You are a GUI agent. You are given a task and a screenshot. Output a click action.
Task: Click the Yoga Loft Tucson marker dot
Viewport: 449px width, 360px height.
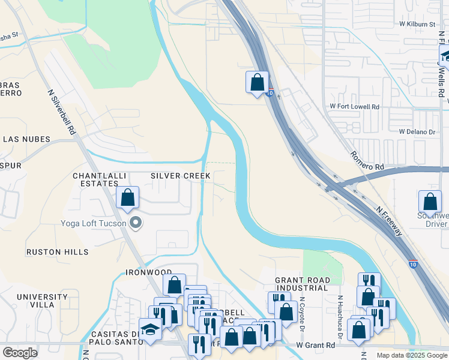pos(136,223)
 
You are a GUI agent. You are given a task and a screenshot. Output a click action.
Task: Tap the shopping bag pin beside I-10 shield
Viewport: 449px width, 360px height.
pos(258,83)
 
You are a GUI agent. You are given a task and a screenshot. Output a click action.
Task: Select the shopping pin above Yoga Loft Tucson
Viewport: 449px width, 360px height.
pos(128,198)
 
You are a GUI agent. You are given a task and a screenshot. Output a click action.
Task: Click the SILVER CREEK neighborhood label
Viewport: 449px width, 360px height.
pos(180,175)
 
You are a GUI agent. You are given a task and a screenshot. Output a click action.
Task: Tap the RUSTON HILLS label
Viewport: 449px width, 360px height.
pos(57,252)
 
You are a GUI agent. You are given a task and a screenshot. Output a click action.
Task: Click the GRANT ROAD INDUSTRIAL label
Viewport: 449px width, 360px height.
pos(302,284)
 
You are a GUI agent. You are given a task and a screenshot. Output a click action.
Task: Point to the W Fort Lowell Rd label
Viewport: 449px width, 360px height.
pos(355,106)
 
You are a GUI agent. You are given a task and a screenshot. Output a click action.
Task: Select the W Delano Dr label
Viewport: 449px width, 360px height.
pos(417,131)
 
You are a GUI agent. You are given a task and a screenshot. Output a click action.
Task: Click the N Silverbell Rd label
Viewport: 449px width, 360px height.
pos(62,112)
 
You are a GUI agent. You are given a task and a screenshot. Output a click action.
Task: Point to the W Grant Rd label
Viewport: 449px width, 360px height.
pos(316,346)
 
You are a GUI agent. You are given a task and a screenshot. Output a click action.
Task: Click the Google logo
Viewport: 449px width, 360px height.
pos(20,353)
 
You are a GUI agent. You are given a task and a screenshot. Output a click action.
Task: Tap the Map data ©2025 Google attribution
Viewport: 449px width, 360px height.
pos(411,355)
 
